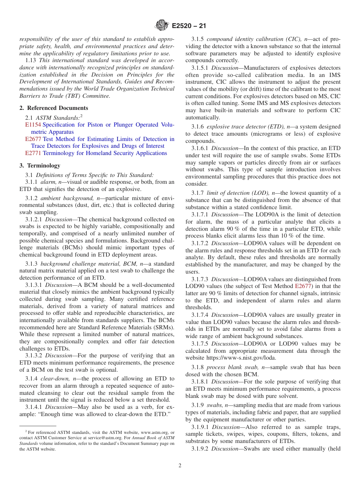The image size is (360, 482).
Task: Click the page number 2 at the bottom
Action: (180, 465)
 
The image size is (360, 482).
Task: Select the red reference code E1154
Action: (33, 125)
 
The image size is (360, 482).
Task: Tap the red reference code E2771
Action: (33, 153)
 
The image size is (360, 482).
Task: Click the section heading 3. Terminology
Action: (40, 165)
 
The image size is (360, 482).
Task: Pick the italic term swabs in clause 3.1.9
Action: (214, 405)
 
